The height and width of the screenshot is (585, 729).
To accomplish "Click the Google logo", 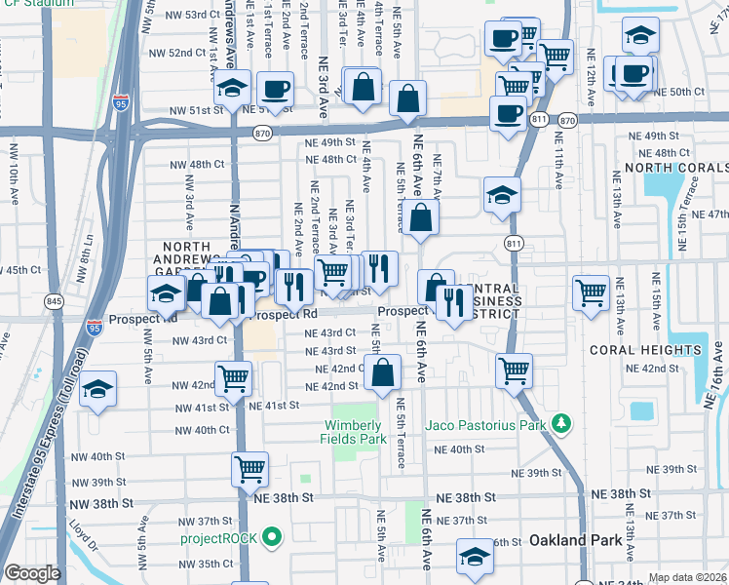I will point(32,573).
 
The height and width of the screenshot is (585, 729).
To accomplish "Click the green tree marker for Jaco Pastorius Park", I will point(560,424).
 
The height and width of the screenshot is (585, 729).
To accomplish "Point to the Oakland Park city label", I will point(571,540).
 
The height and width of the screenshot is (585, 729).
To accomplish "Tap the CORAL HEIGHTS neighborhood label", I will point(660,350).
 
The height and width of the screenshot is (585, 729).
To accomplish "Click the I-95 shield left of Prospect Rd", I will point(95,328).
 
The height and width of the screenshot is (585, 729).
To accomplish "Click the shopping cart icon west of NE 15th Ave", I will point(592,292).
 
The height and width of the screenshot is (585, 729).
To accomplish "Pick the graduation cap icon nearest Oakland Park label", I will point(475,557).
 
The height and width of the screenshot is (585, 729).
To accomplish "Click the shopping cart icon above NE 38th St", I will point(249,469).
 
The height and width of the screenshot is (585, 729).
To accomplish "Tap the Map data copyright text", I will point(687,577).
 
